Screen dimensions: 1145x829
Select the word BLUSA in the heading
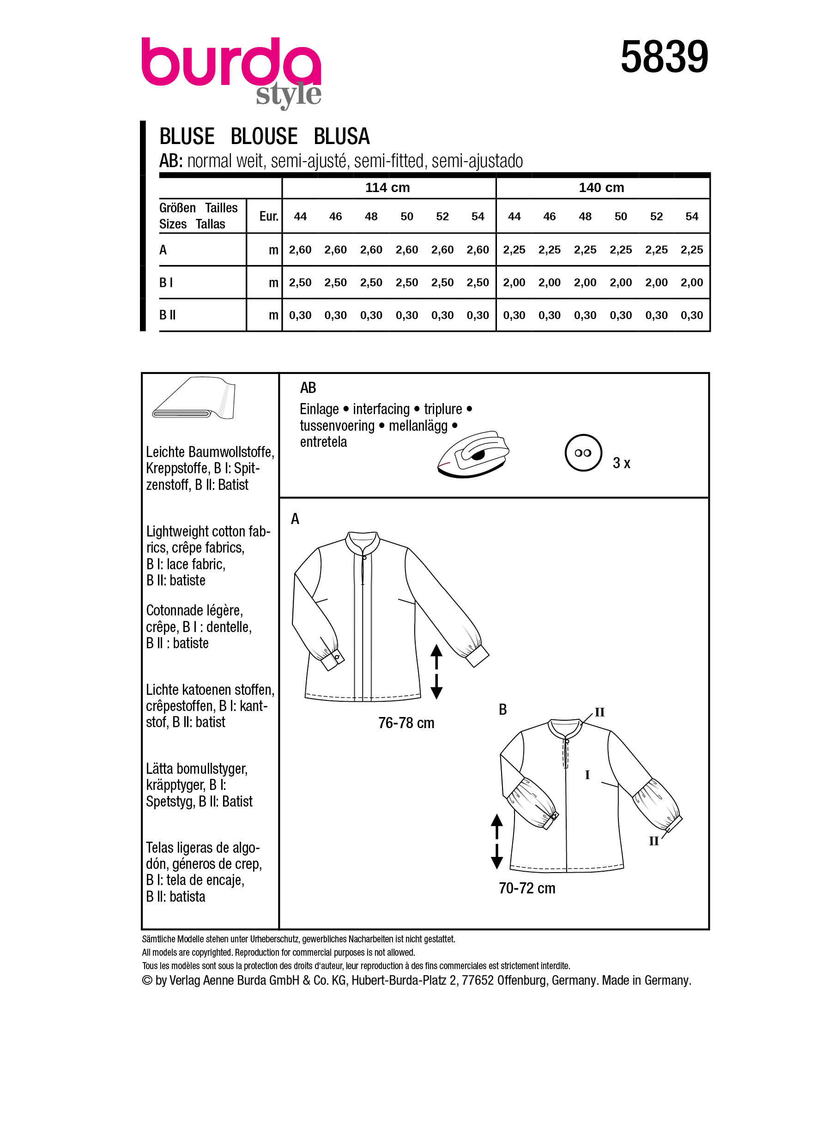tap(342, 136)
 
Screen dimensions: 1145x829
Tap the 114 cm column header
tap(387, 188)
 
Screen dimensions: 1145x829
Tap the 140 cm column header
tap(601, 188)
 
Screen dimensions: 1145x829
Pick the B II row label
tap(168, 315)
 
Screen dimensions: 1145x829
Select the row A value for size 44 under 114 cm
tap(300, 249)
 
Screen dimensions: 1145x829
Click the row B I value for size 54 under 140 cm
tap(691, 282)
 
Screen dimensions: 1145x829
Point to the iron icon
tap(473, 454)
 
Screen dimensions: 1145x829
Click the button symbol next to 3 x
tap(583, 453)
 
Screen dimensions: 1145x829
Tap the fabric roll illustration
tap(194, 398)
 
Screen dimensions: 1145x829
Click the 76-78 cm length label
tap(406, 723)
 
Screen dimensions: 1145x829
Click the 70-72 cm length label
tap(526, 887)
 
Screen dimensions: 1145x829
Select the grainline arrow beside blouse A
tap(436, 671)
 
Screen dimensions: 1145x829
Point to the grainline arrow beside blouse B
tap(497, 841)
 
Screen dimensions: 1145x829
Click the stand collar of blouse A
tap(363, 542)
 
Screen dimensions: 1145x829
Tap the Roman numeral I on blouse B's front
tap(587, 774)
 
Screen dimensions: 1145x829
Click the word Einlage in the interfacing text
tap(319, 409)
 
